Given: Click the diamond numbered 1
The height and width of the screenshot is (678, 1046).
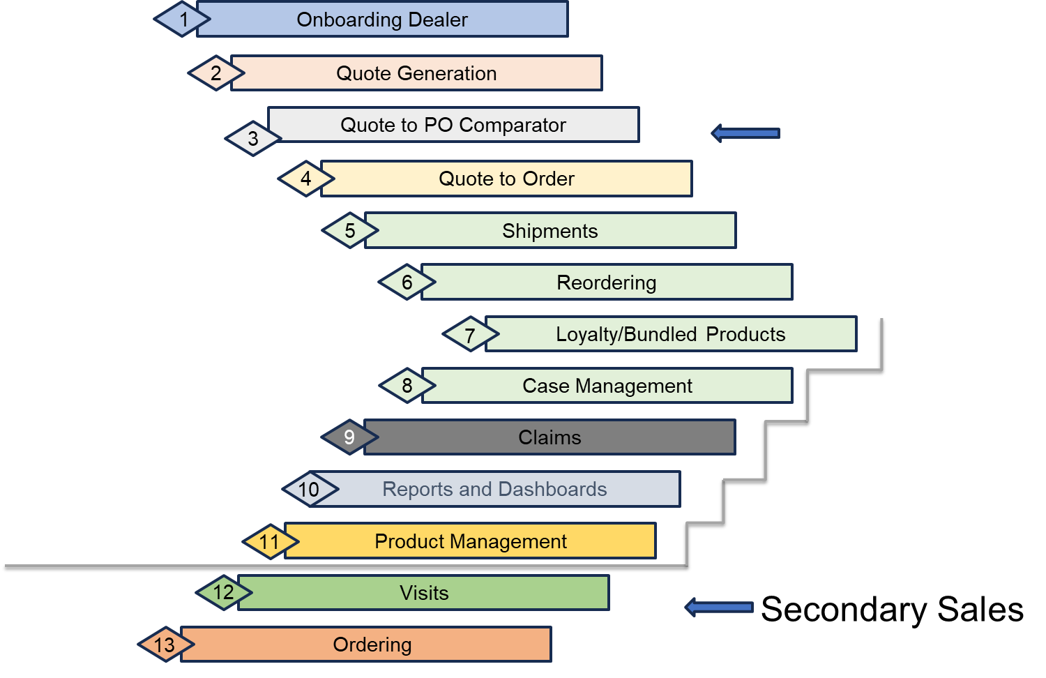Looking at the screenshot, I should (183, 20).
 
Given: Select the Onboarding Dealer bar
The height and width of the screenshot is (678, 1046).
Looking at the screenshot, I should (382, 20).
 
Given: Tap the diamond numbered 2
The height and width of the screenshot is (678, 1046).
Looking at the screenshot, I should (216, 73).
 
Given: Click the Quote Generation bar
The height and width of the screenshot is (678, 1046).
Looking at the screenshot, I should (416, 73).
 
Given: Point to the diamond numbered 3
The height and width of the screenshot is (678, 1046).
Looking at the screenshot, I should (253, 138).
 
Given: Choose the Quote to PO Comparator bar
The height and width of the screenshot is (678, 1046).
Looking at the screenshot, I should (453, 125).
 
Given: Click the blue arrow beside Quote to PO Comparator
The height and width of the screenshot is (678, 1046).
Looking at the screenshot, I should (745, 133).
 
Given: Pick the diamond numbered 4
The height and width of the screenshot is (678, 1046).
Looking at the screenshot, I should (306, 179).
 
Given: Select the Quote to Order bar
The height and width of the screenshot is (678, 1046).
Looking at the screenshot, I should (506, 179).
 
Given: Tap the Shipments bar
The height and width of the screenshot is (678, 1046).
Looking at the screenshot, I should (549, 231).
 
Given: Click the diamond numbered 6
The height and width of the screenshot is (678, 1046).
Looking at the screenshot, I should (407, 282).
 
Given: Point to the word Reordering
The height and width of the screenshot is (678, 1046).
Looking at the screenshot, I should (606, 282).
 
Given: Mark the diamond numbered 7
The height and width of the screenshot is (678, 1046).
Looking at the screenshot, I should (471, 335).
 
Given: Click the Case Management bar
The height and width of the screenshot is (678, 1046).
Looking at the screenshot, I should (607, 386).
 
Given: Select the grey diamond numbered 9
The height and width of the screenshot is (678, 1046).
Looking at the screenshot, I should (349, 437).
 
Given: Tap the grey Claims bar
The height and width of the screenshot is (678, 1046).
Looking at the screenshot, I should (549, 437).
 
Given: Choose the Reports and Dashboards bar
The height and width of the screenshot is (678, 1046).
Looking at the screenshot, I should (494, 489).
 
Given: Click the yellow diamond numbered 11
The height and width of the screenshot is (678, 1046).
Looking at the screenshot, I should (270, 541).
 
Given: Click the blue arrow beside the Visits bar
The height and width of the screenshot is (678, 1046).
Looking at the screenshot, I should (719, 607).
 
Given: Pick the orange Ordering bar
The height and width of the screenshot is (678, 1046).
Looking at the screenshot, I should (372, 645).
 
